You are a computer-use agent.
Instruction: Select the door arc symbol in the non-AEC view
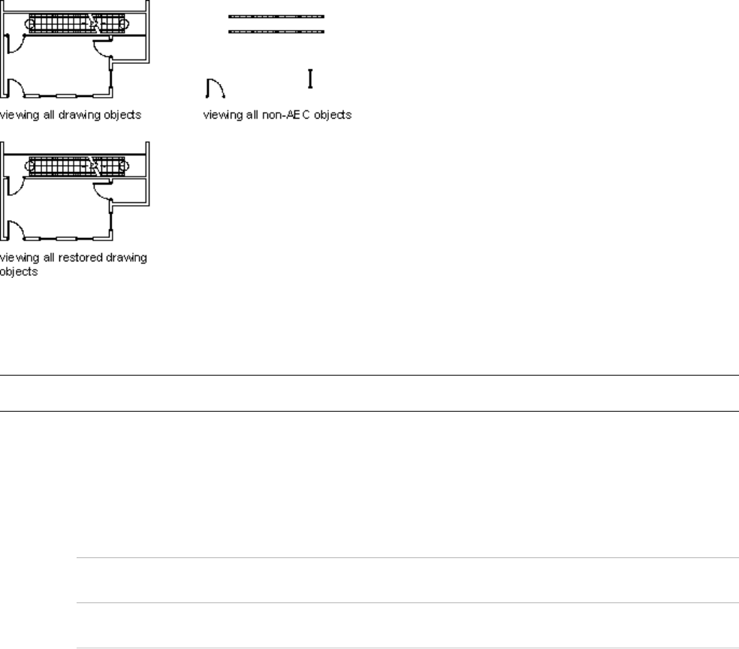tap(216, 89)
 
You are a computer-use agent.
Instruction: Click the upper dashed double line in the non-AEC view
tap(276, 16)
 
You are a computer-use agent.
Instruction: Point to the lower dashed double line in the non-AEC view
tap(276, 32)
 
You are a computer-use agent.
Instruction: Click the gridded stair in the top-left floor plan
tap(75, 23)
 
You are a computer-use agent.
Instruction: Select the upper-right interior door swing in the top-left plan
tap(101, 49)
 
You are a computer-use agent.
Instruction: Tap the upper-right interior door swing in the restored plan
tap(101, 192)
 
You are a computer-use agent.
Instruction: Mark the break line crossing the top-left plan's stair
tap(94, 23)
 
